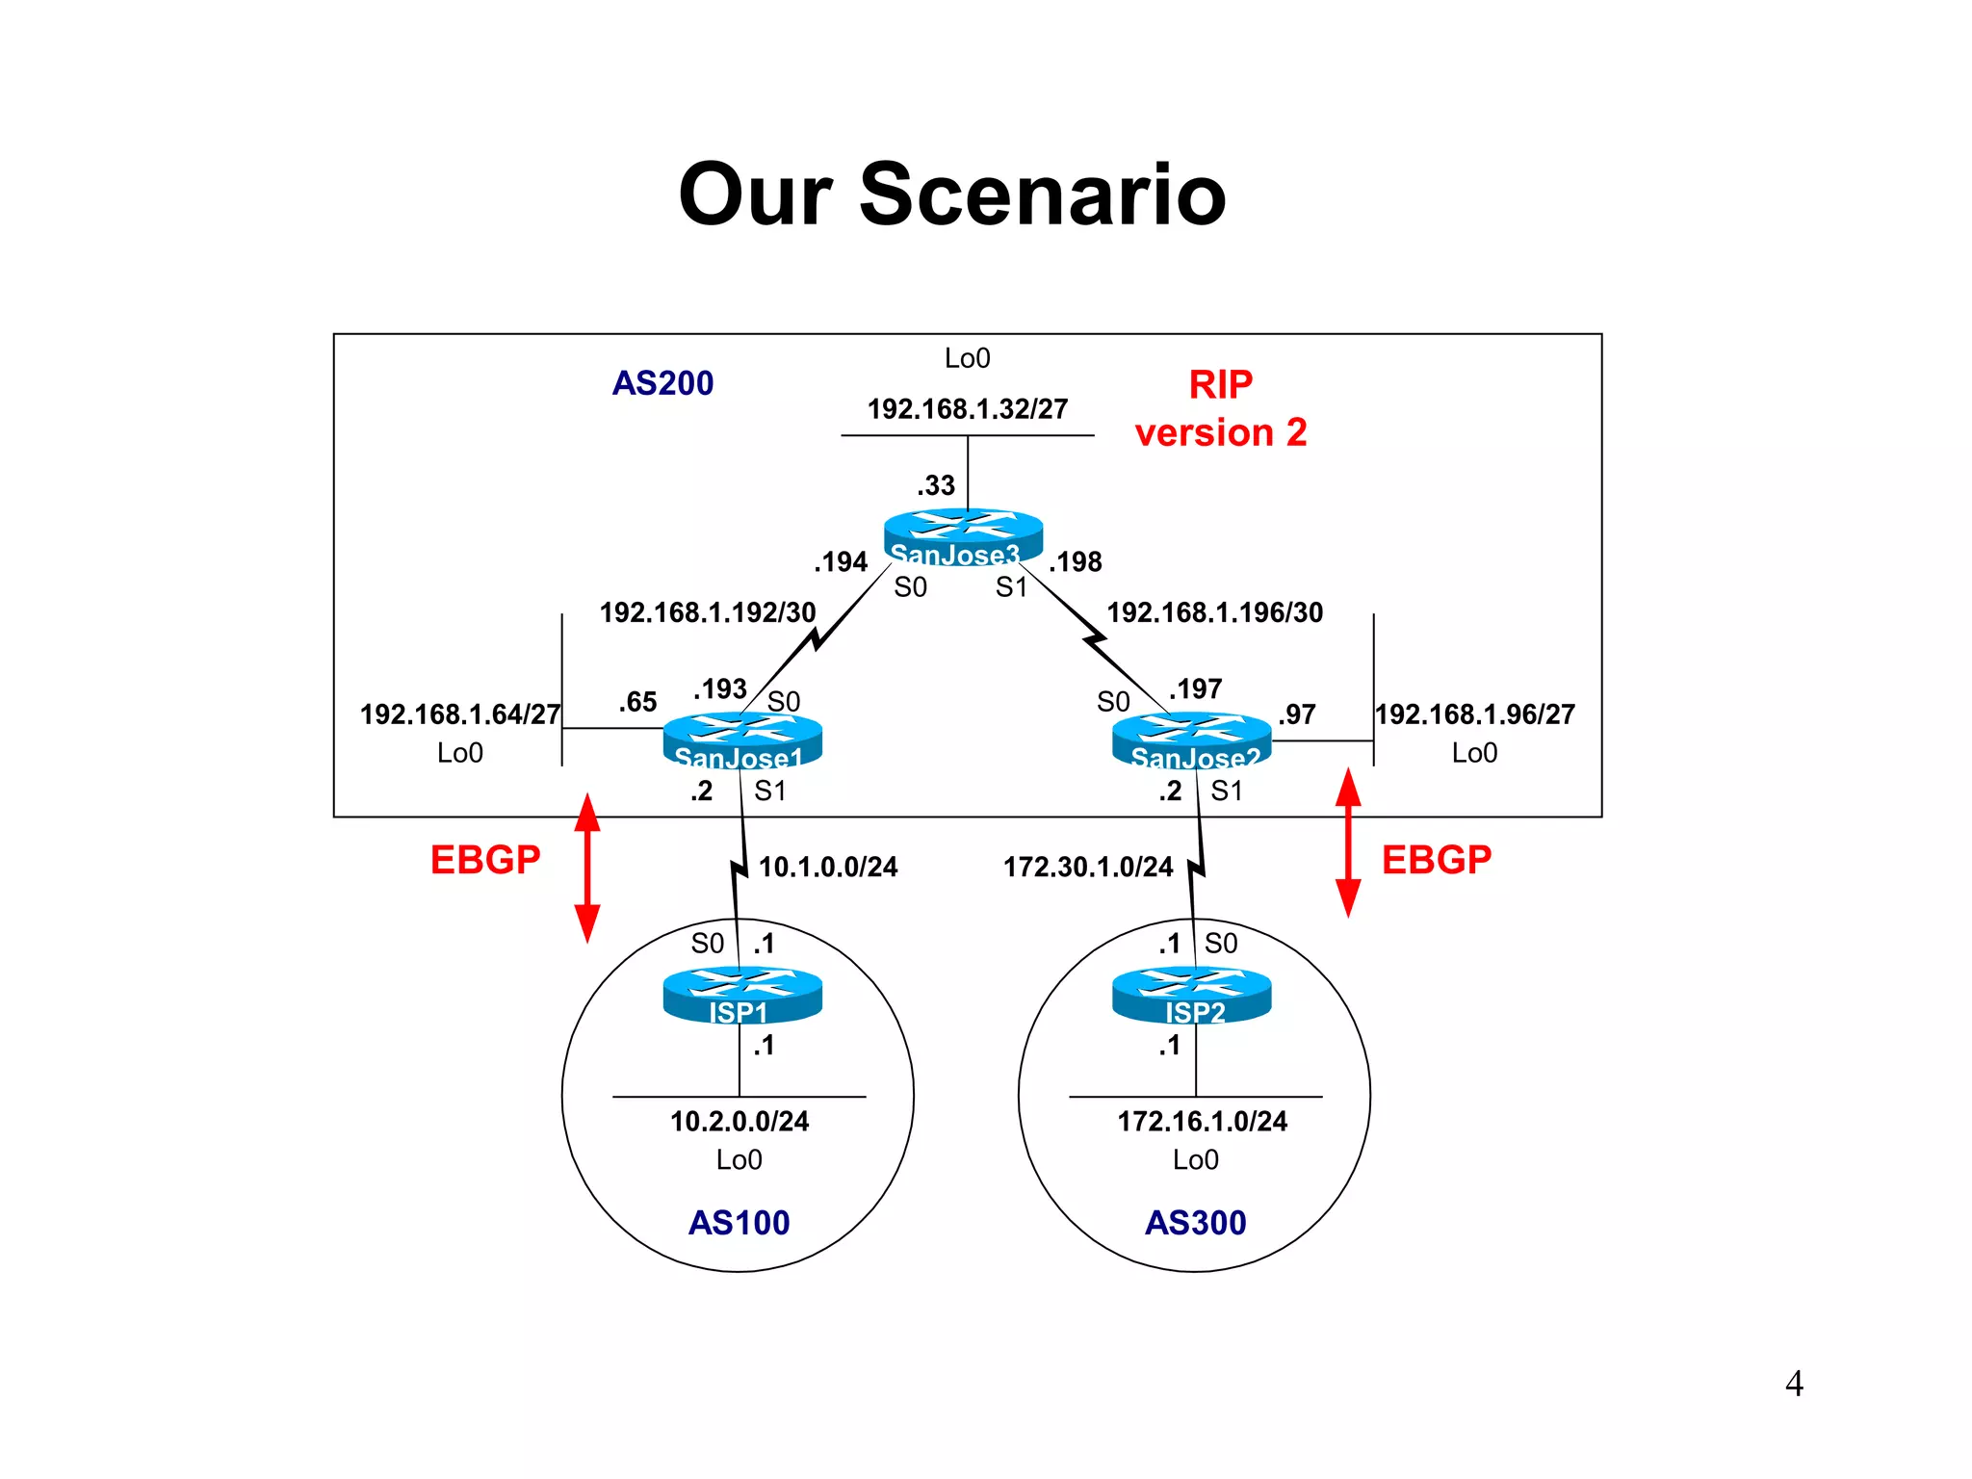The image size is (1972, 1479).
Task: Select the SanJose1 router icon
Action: [742, 739]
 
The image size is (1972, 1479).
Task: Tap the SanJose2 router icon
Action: [1191, 739]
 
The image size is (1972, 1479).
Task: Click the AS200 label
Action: [662, 383]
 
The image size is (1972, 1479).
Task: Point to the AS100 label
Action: [739, 1222]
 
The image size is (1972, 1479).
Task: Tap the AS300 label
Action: [1195, 1222]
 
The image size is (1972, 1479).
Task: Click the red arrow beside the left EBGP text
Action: [587, 868]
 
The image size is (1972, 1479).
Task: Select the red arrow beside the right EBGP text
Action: [1348, 843]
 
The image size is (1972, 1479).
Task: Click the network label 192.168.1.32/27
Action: [968, 409]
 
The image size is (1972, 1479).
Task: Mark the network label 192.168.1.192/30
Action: [708, 612]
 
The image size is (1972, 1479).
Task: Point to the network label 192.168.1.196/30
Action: [1214, 612]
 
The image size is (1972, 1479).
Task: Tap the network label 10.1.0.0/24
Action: [828, 867]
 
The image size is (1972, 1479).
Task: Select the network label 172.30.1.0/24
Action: [1088, 867]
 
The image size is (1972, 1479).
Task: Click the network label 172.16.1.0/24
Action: [1202, 1121]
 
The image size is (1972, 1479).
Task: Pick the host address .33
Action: [936, 485]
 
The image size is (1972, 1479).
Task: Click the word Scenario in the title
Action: [1042, 195]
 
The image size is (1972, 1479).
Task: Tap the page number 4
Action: [1794, 1384]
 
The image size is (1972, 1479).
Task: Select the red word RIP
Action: [1220, 385]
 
